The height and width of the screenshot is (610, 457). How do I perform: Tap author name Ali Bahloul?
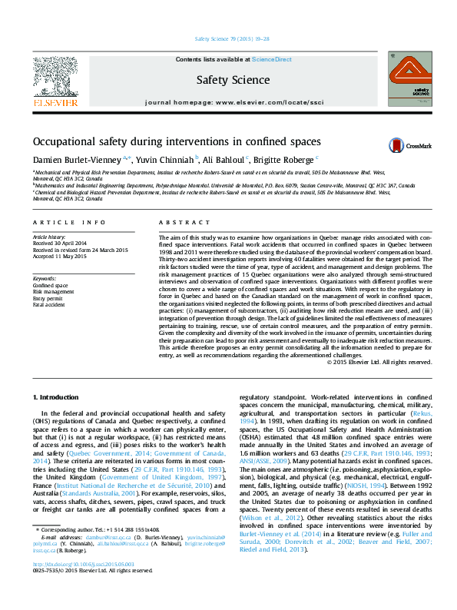coord(224,159)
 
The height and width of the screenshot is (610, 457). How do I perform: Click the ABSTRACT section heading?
coord(178,223)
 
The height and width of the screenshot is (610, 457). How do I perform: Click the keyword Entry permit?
coord(48,298)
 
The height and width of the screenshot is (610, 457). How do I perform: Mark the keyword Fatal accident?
coord(50,305)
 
